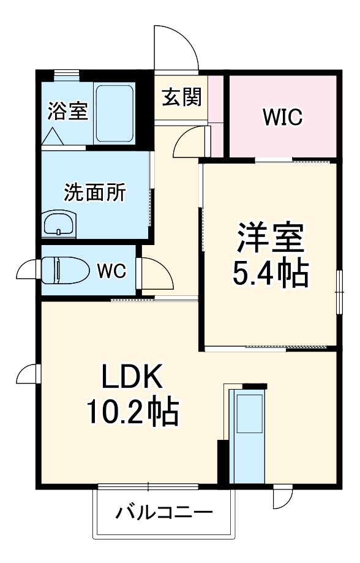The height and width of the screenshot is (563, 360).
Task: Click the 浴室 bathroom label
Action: (x=68, y=111)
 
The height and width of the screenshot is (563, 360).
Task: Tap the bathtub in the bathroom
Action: (x=114, y=113)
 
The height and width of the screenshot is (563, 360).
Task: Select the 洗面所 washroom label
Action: (x=95, y=192)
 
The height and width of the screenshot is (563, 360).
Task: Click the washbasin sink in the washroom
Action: (x=59, y=224)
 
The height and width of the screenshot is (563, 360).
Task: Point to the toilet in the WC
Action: (x=65, y=270)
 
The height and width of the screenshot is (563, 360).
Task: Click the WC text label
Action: (x=112, y=271)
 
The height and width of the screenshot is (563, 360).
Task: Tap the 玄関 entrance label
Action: (x=182, y=97)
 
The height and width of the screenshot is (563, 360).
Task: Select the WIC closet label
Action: (x=282, y=117)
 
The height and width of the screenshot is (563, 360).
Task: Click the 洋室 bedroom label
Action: (x=271, y=238)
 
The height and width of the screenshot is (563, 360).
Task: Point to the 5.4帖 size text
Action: (x=271, y=273)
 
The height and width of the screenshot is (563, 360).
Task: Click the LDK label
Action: (x=132, y=376)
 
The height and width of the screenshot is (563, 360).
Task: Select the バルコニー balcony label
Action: (x=164, y=512)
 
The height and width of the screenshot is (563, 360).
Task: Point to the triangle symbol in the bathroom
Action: (x=53, y=136)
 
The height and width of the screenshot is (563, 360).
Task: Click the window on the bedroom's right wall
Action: (x=339, y=292)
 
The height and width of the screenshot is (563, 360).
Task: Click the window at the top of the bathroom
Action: (x=66, y=75)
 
